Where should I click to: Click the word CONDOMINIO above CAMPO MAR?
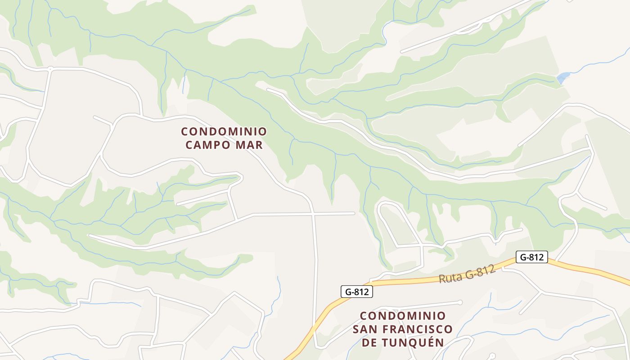pos(224,131)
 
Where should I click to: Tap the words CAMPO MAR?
pos(224,145)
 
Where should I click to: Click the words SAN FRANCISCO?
pos(402,329)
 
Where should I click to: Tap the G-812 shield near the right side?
pos(531,257)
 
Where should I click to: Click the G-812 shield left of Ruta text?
pos(356,292)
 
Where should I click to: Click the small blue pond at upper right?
pos(563,77)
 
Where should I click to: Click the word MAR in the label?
pos(251,145)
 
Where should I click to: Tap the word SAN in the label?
pos(364,329)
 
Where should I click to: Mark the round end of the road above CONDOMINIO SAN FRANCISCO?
pos(460,302)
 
